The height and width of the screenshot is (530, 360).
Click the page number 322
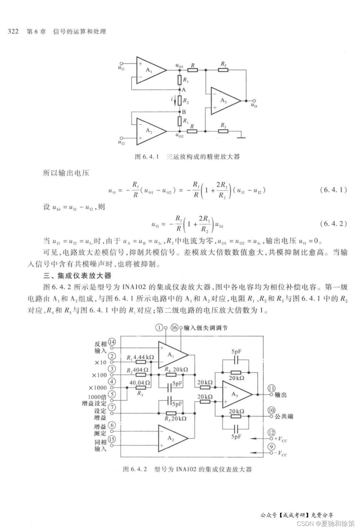point(13,31)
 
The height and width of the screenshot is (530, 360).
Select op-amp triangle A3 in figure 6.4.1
point(225,101)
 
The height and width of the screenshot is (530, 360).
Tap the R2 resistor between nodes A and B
point(180,101)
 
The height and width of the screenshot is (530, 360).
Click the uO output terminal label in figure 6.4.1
point(254,106)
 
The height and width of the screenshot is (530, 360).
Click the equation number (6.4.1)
point(333,190)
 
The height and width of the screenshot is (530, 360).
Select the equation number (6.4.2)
point(333,224)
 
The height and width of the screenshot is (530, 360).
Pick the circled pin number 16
point(174,328)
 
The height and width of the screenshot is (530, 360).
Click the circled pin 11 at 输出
point(271,388)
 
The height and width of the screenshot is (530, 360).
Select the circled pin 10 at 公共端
point(272,410)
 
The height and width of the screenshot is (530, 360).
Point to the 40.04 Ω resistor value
point(140,382)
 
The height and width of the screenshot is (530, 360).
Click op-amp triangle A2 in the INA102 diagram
point(172,438)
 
